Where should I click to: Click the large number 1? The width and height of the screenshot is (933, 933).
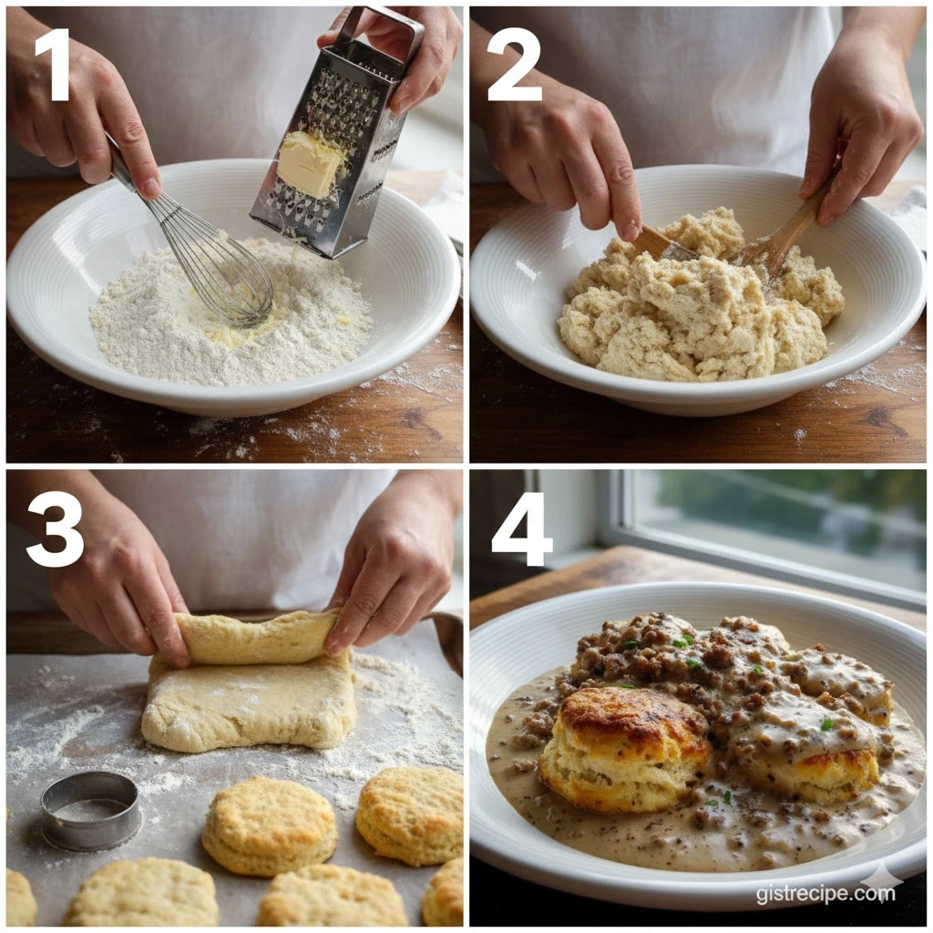tap(54, 65)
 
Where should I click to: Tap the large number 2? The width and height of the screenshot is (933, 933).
tap(514, 65)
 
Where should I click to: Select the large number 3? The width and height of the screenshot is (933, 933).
tap(55, 530)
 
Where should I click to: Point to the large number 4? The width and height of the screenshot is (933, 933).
tap(521, 530)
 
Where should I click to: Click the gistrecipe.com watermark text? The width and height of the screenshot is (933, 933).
tap(825, 894)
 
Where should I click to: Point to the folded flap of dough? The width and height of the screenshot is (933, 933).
tap(257, 637)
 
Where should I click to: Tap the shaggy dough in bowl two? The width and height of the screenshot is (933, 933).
tap(699, 298)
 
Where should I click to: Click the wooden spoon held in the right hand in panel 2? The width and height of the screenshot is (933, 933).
tap(784, 229)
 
